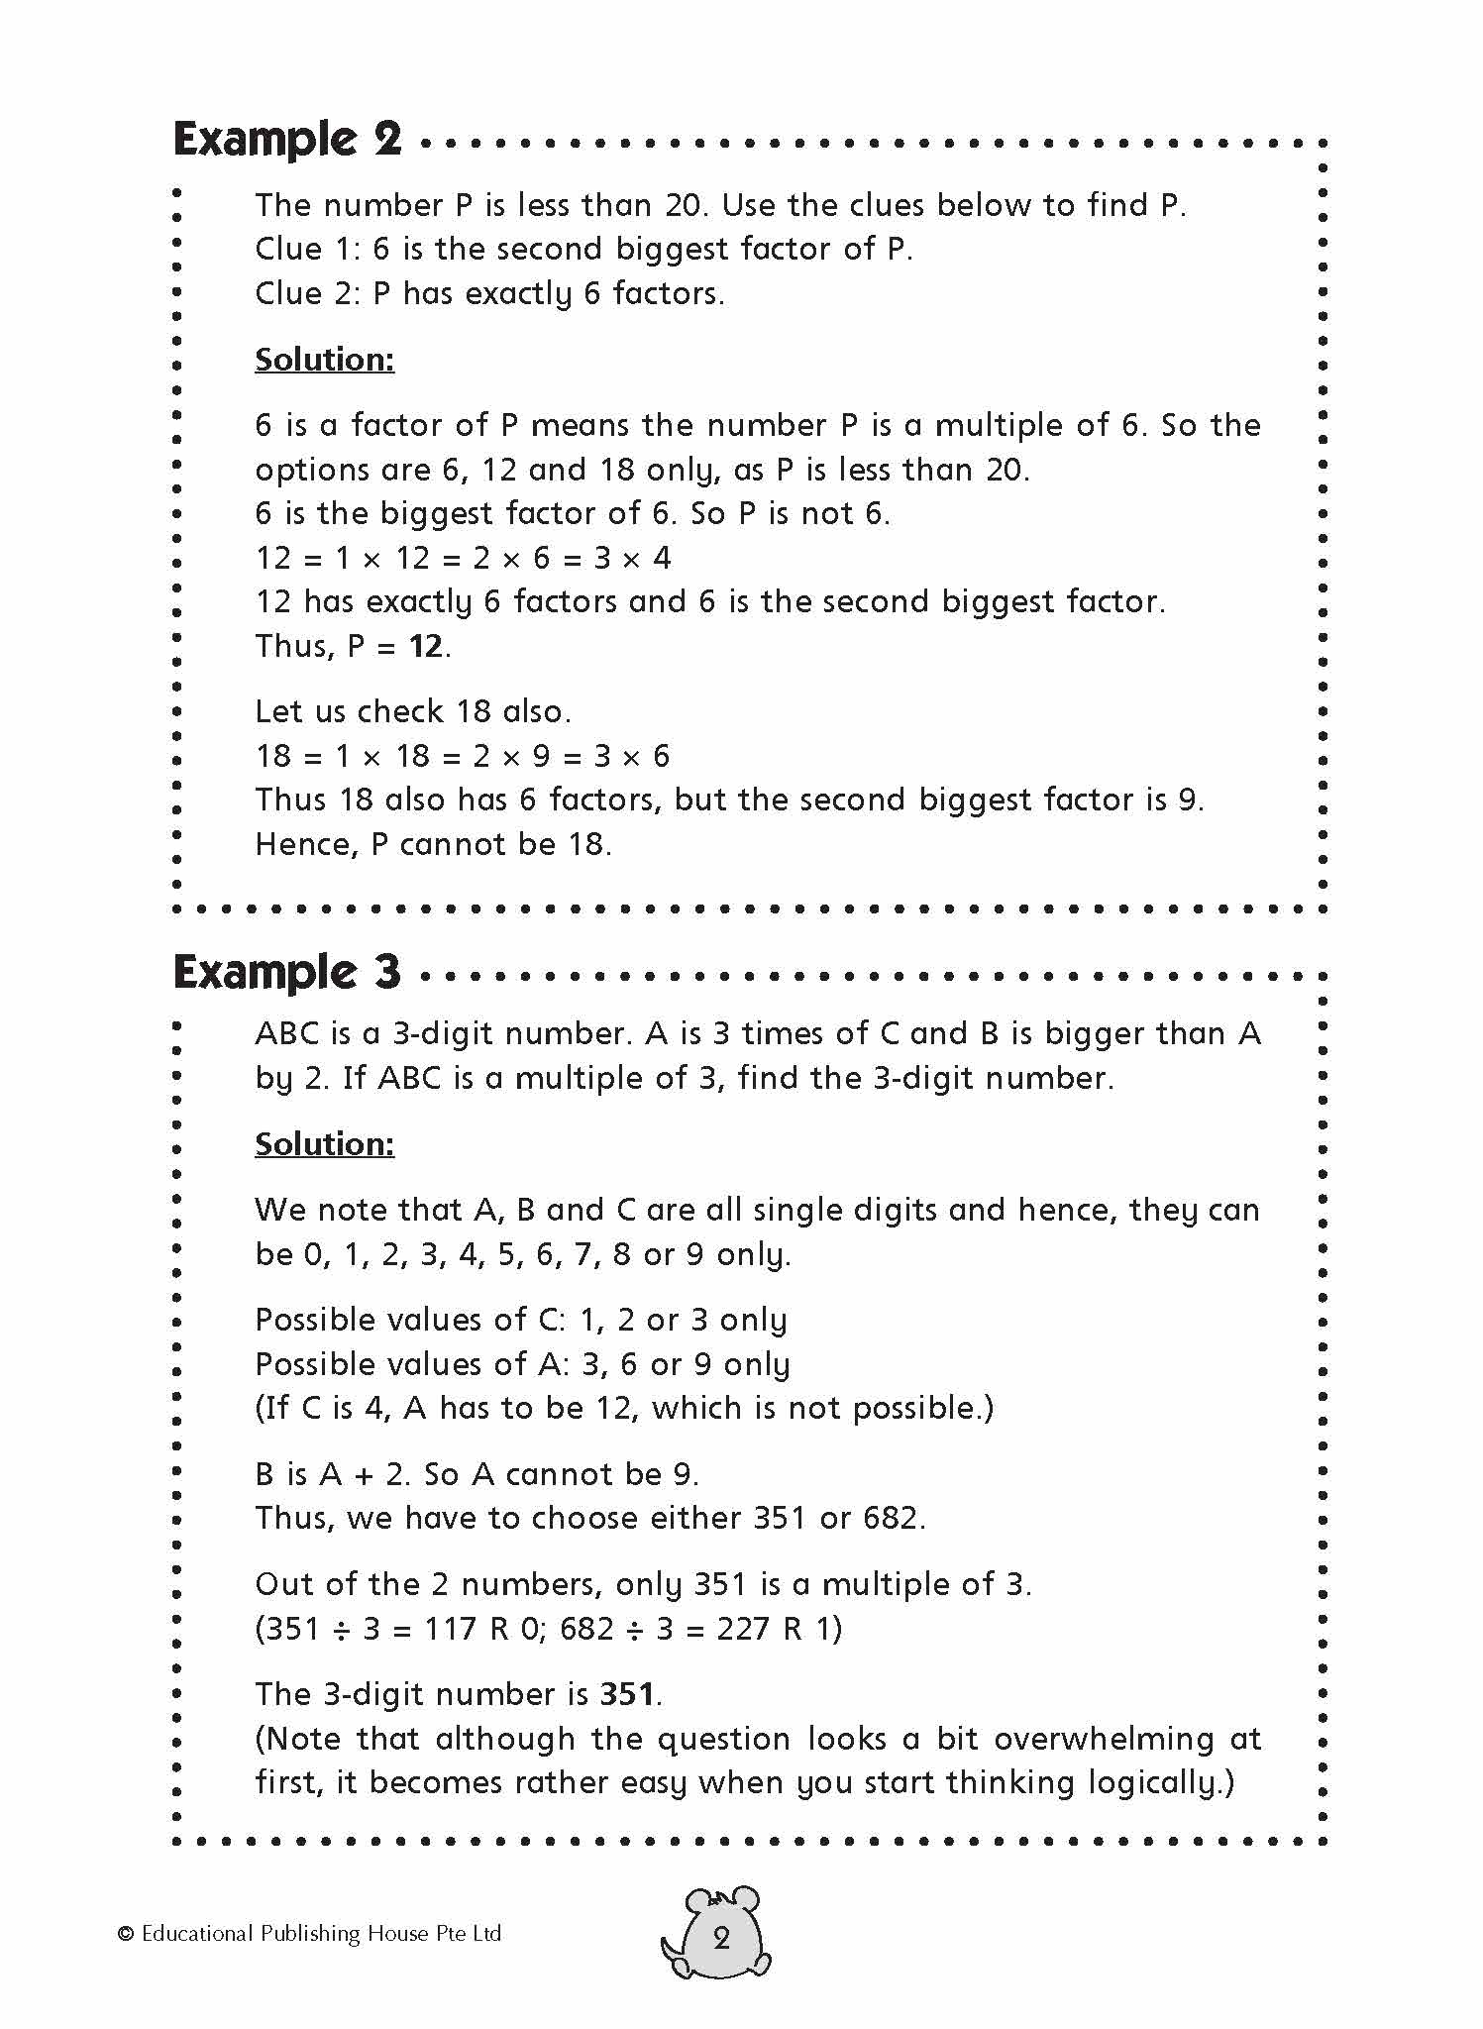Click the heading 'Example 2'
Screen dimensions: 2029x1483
click(287, 139)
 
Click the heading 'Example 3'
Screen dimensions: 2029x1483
click(287, 973)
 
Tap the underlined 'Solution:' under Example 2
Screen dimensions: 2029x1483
click(324, 360)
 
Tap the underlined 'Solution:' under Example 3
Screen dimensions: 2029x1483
click(324, 1144)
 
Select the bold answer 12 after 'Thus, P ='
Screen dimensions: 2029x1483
click(426, 647)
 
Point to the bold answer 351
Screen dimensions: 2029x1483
click(627, 1694)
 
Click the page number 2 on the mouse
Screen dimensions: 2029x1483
click(721, 1939)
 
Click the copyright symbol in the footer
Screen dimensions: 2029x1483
click(125, 1934)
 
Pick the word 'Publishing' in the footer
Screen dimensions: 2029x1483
click(310, 1934)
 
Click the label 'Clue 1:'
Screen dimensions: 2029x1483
click(308, 249)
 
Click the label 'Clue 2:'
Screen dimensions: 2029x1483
click(308, 293)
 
